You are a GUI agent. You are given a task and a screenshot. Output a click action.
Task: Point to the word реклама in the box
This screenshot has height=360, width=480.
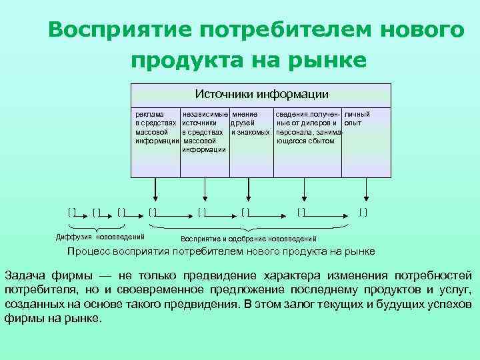click(147, 114)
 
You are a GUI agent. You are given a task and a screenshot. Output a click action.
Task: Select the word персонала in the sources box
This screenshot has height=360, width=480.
click(294, 132)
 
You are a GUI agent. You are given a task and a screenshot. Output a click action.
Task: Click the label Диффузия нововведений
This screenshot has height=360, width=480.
click(99, 237)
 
